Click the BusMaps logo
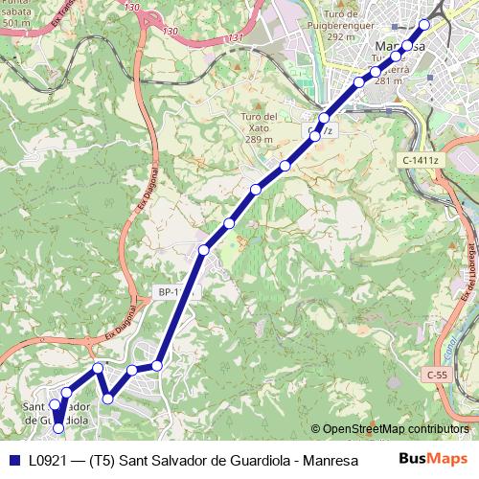[432, 459]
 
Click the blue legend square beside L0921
[13, 460]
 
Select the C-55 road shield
[437, 375]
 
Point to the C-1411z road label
[420, 160]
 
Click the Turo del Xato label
[259, 117]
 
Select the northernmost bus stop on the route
[424, 24]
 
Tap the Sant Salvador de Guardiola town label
[56, 412]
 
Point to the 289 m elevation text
[259, 139]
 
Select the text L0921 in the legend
[47, 461]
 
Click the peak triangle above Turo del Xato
[259, 104]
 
